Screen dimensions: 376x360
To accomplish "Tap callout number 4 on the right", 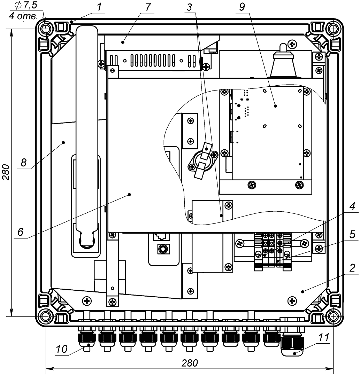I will (x=352, y=206).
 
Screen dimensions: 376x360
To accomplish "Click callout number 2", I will (x=352, y=268).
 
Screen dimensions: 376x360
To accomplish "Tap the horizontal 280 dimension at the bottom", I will (x=190, y=363).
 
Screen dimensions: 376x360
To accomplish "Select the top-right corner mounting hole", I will (x=334, y=28).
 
